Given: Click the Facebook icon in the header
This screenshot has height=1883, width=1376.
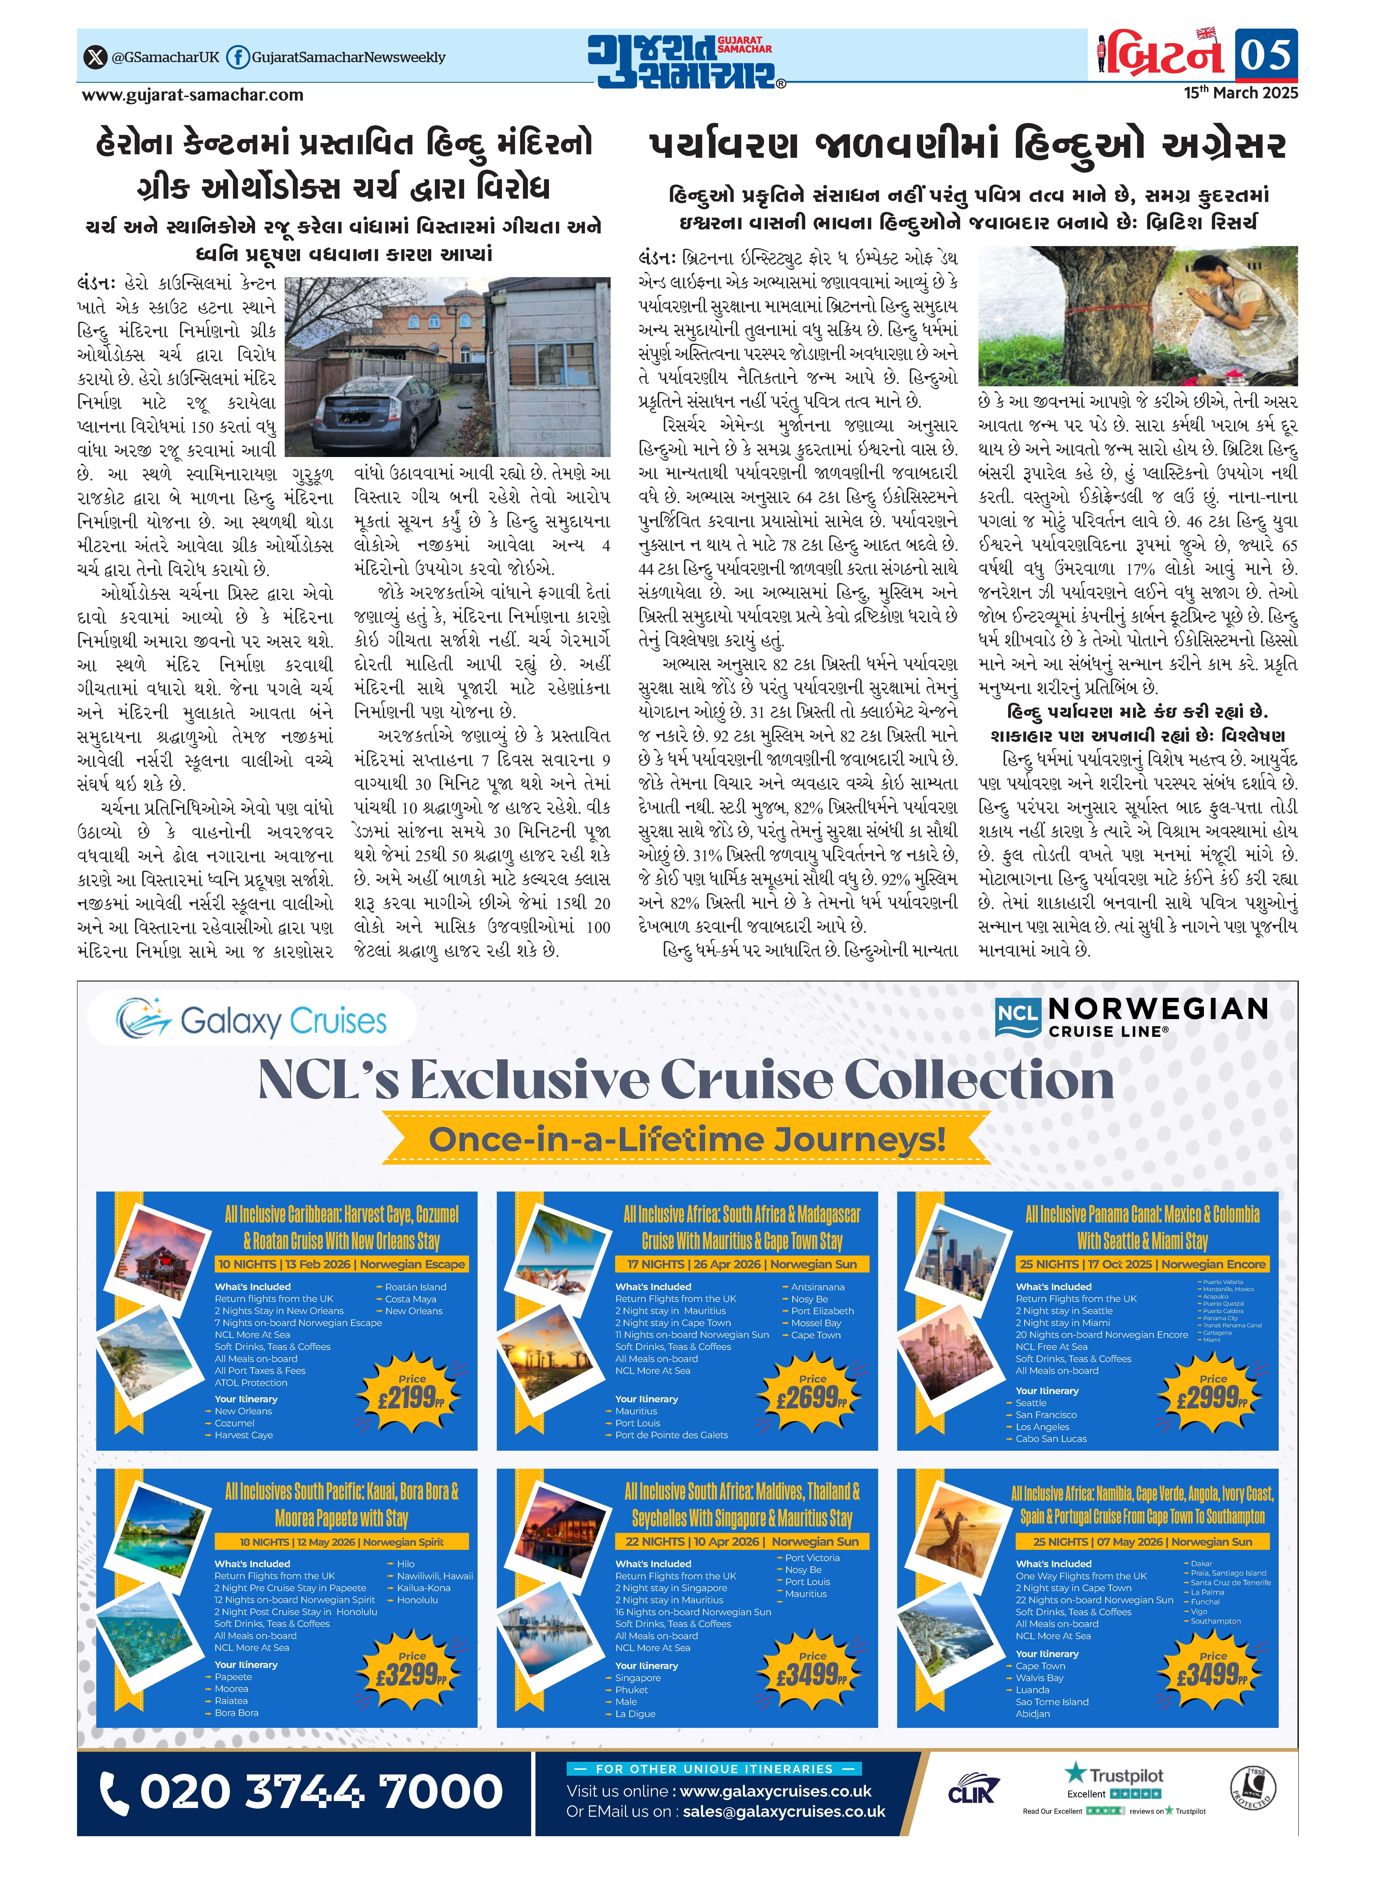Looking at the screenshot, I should (x=237, y=57).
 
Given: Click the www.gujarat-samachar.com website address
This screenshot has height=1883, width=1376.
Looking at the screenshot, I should (x=192, y=95).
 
